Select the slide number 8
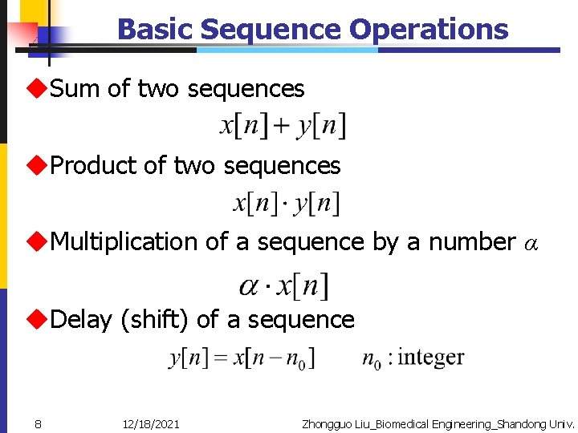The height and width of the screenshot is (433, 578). pyautogui.click(x=38, y=423)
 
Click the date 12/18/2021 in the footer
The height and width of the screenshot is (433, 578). pyautogui.click(x=151, y=423)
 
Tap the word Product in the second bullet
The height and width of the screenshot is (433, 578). pyautogui.click(x=94, y=166)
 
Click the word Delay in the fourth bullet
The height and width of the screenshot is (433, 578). pyautogui.click(x=80, y=319)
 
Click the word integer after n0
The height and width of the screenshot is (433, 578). pyautogui.click(x=430, y=357)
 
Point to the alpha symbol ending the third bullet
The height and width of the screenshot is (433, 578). pyautogui.click(x=531, y=243)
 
